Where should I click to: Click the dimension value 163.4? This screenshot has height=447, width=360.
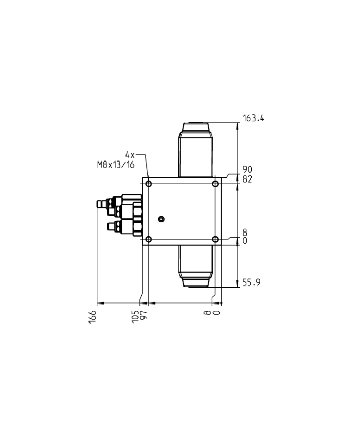pos(253,118)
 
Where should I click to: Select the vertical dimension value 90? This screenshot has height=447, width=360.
pos(247,169)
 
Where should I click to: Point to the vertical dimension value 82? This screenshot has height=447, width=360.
pos(247,178)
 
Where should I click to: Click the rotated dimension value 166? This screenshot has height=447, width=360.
pos(93,315)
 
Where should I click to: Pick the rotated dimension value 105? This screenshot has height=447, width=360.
pos(135,315)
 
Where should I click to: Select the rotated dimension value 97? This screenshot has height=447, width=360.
pos(144,315)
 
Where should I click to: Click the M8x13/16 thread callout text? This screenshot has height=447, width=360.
pos(116,165)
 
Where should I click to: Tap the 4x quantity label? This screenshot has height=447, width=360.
pos(130,154)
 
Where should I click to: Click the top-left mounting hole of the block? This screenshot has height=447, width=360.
pos(149,184)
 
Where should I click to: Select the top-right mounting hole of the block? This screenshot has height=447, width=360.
pos(215,184)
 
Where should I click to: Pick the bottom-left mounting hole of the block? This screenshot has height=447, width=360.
pos(149,239)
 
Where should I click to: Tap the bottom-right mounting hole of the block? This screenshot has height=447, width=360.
pos(215,239)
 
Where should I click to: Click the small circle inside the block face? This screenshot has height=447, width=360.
pos(161,219)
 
